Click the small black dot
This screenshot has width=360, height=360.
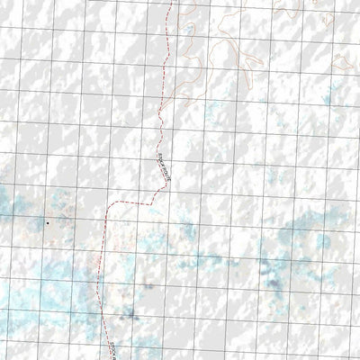(x=47, y=222)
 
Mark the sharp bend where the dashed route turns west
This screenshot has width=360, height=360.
(x=148, y=202)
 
